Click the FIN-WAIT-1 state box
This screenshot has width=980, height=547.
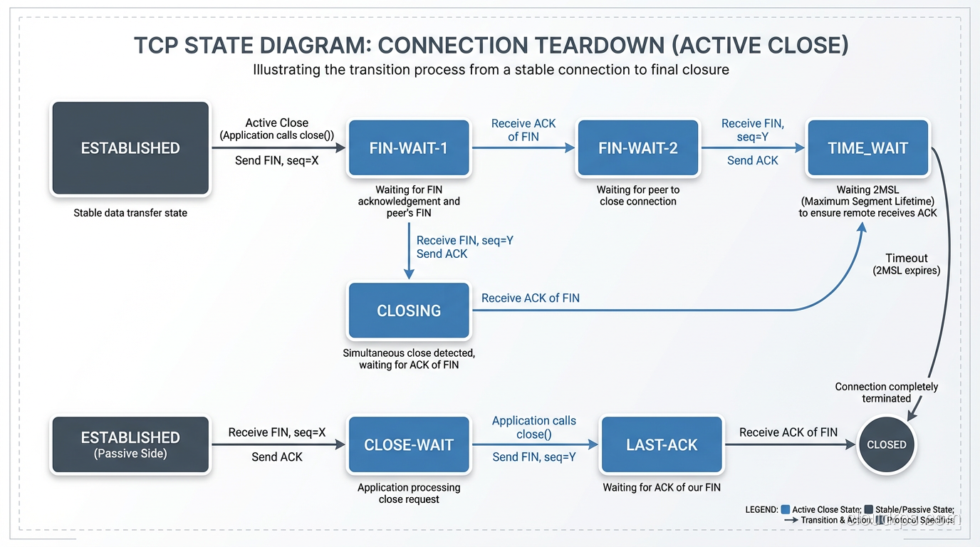[x=408, y=148]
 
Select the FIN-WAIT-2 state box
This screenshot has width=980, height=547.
[x=637, y=148]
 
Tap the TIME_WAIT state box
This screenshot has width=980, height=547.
[x=867, y=148]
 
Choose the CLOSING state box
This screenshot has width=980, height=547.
[x=408, y=311]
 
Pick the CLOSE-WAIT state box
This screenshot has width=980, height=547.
[x=408, y=445]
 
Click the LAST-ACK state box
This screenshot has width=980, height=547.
[x=662, y=445]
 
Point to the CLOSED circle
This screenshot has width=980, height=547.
[x=886, y=444]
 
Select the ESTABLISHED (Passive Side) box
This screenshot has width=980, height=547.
[x=130, y=445]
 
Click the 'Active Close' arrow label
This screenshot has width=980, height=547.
[x=276, y=123]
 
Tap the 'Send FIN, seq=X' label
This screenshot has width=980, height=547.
[x=276, y=161]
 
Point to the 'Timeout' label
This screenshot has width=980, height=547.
[x=906, y=258]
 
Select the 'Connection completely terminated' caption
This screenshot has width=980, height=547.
[x=886, y=392]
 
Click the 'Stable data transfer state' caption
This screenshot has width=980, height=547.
[x=130, y=213]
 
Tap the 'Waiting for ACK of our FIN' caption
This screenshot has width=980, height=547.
[x=662, y=488]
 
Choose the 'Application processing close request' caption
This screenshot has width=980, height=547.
[x=408, y=494]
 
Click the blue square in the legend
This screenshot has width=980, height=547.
[x=786, y=509]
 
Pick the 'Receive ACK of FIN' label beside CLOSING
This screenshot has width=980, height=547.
[x=530, y=298]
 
